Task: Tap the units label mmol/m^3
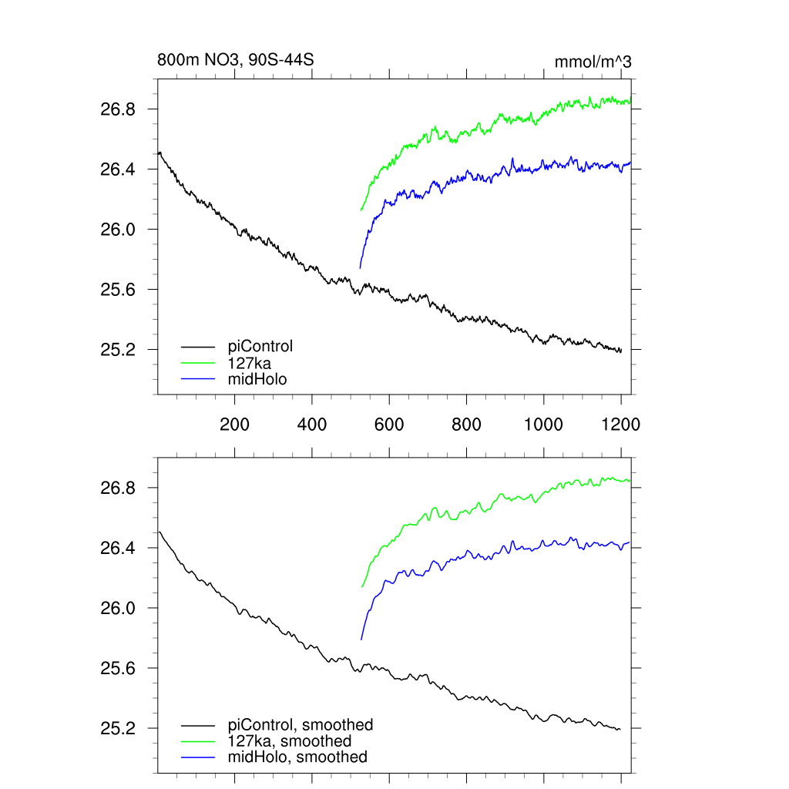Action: pos(593,62)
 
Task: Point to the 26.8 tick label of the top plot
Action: pos(119,109)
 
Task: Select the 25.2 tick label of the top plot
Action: pos(119,350)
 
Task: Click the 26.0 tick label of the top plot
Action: pos(119,230)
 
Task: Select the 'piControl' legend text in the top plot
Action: pos(260,346)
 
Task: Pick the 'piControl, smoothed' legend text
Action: pos(300,725)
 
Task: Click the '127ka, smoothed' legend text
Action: pos(290,741)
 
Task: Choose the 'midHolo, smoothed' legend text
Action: pos(297,757)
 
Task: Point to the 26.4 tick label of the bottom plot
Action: pos(119,549)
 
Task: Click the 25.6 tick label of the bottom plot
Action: pos(119,669)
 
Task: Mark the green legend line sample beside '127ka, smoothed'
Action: pos(198,742)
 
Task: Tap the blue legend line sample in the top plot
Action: pos(198,379)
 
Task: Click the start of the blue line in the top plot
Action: pos(360,268)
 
